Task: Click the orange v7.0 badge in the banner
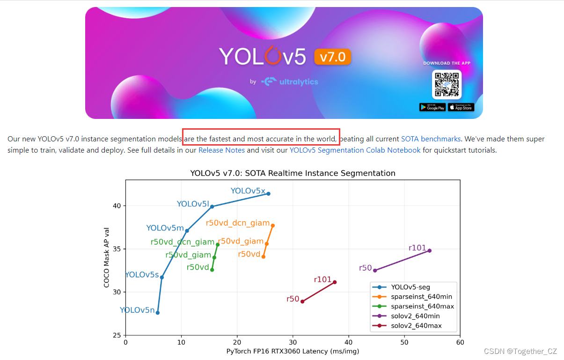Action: [332, 57]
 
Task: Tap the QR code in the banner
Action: [447, 85]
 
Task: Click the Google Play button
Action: [432, 107]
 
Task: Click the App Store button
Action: [461, 107]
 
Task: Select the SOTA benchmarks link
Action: [431, 139]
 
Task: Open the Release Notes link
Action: [221, 150]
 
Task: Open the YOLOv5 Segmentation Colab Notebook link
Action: [355, 150]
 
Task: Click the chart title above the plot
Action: [293, 173]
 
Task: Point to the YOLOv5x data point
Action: [268, 193]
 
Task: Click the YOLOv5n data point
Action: [158, 312]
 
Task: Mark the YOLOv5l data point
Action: [212, 206]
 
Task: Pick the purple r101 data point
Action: [429, 250]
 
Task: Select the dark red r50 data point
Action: [302, 301]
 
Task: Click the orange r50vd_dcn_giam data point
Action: [273, 226]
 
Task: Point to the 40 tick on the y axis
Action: [117, 206]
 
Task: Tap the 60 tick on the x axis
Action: [460, 342]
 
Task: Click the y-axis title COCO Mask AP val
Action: [107, 257]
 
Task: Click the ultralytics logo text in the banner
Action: [298, 82]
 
